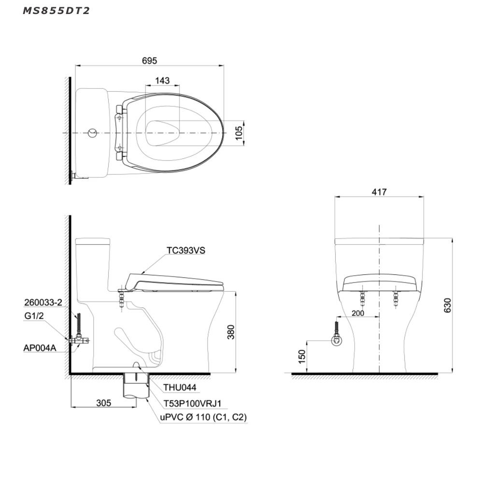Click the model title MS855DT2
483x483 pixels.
coord(57,11)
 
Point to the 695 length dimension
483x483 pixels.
coord(149,61)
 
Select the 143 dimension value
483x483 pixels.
coord(162,80)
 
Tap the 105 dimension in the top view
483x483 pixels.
coord(239,133)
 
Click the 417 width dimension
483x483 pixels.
coord(379,192)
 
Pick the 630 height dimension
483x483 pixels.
coord(447,305)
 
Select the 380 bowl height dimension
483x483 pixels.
coord(231,332)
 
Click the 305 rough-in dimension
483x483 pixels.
coord(103,403)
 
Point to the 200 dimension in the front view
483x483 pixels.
coord(357,313)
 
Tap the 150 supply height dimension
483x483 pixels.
coord(302,356)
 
